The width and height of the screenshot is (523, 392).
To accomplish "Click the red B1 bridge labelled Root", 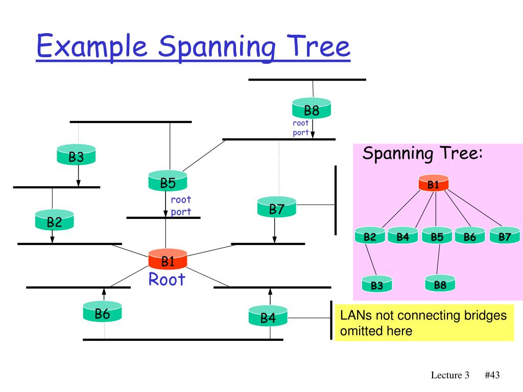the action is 168,259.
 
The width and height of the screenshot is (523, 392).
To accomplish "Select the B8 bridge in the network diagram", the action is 312,108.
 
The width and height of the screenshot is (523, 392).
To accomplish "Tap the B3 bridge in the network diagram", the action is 76,154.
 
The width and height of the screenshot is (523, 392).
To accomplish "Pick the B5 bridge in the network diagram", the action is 168,181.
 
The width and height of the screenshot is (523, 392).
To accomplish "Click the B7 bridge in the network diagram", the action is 276,207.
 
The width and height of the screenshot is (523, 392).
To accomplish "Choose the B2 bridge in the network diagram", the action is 54,219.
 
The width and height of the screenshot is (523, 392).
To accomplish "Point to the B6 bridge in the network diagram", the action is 102,311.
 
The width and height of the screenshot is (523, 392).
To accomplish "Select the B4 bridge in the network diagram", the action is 268,315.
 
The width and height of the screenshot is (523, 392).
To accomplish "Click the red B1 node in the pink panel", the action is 433,183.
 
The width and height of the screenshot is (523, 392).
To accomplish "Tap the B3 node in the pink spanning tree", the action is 377,284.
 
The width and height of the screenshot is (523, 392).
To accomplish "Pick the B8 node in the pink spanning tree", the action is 440,283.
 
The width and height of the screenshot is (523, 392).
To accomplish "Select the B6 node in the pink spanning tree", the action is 470,235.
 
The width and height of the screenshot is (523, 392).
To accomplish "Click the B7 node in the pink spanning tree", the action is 505,235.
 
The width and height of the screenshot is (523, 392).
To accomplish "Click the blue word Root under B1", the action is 167,279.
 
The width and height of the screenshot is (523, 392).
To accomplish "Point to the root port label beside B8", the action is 300,128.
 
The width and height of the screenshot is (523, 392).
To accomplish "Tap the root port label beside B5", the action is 181,206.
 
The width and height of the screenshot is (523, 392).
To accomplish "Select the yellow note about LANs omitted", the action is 424,323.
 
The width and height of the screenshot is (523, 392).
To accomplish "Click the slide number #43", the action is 492,375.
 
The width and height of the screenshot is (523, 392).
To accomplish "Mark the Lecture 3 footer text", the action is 450,375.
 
